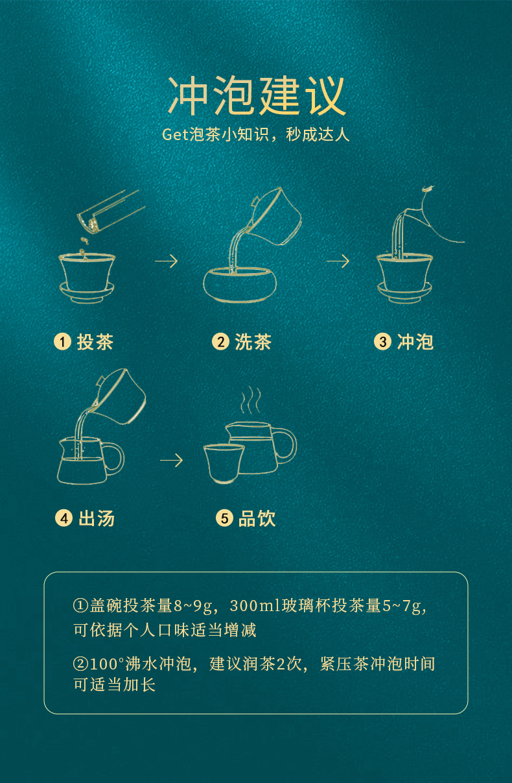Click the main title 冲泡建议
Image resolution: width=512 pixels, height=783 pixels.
click(x=257, y=95)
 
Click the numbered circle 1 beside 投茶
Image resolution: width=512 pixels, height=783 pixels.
click(x=62, y=341)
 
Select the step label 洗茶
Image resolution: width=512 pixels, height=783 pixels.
click(x=253, y=341)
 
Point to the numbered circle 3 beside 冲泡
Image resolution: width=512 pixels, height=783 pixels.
click(x=382, y=341)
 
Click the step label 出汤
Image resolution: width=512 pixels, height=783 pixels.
click(x=97, y=518)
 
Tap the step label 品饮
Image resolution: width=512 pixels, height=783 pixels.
click(x=257, y=518)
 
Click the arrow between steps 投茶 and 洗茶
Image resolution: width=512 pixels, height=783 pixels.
click(x=167, y=261)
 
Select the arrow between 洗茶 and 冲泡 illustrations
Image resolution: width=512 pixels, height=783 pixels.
click(x=338, y=261)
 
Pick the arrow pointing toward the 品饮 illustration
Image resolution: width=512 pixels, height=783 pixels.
click(x=171, y=461)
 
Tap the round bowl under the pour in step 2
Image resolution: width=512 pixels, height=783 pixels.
click(x=240, y=285)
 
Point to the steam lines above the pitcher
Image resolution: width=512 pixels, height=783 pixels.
click(x=250, y=400)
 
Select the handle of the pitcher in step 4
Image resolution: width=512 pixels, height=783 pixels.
click(x=113, y=457)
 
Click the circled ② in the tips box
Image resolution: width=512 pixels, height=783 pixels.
click(x=80, y=664)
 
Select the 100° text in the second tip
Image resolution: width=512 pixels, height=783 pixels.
click(x=107, y=664)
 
